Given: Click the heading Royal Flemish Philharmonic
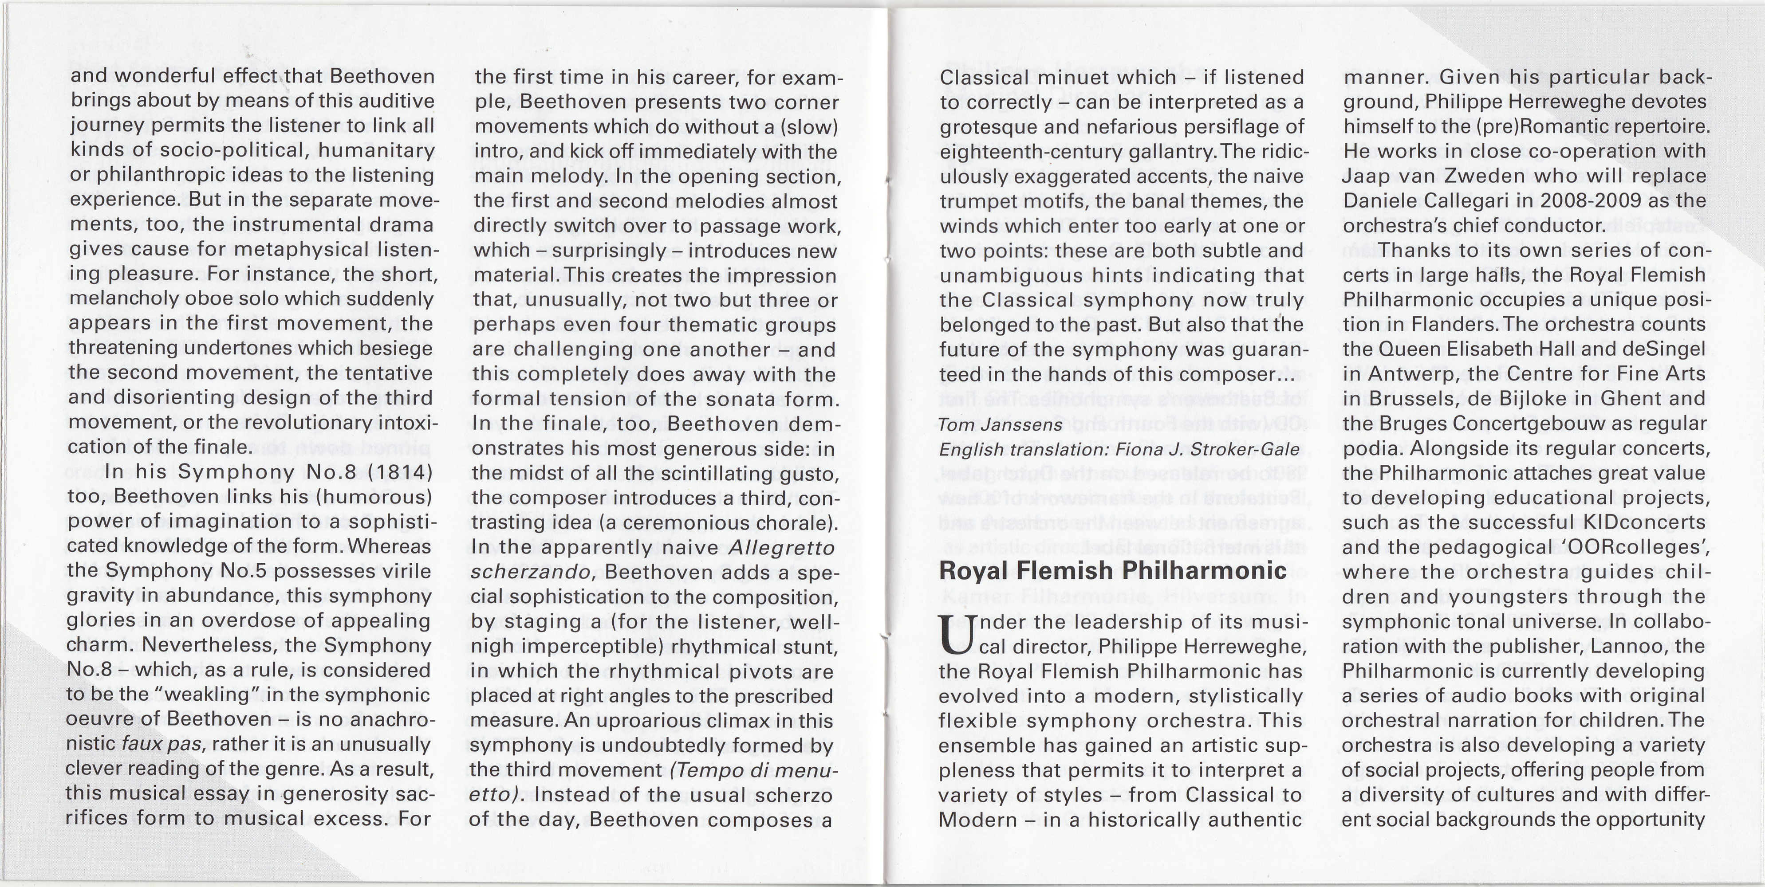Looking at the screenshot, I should [x=1113, y=570].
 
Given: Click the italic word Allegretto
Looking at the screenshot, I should [x=782, y=548].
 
